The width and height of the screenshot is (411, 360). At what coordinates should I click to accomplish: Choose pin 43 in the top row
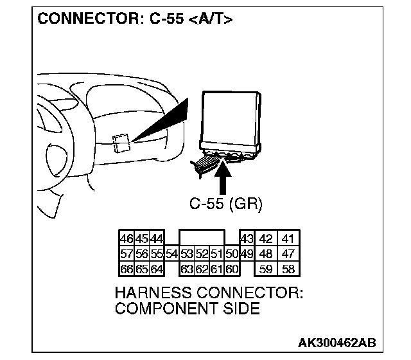(246, 239)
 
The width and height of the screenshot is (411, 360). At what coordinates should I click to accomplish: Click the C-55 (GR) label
(226, 204)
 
